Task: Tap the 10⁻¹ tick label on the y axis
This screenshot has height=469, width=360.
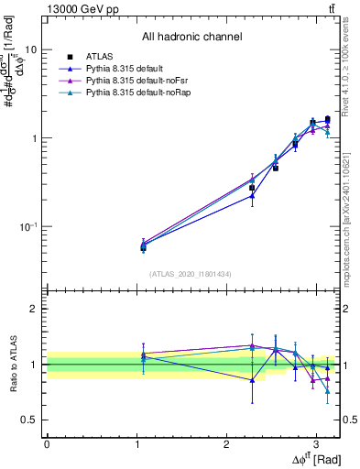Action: (x=30, y=226)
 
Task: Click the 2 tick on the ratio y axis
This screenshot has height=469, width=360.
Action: (x=36, y=309)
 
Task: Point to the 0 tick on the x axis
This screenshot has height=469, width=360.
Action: (x=46, y=442)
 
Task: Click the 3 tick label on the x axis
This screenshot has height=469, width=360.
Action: (x=316, y=442)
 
